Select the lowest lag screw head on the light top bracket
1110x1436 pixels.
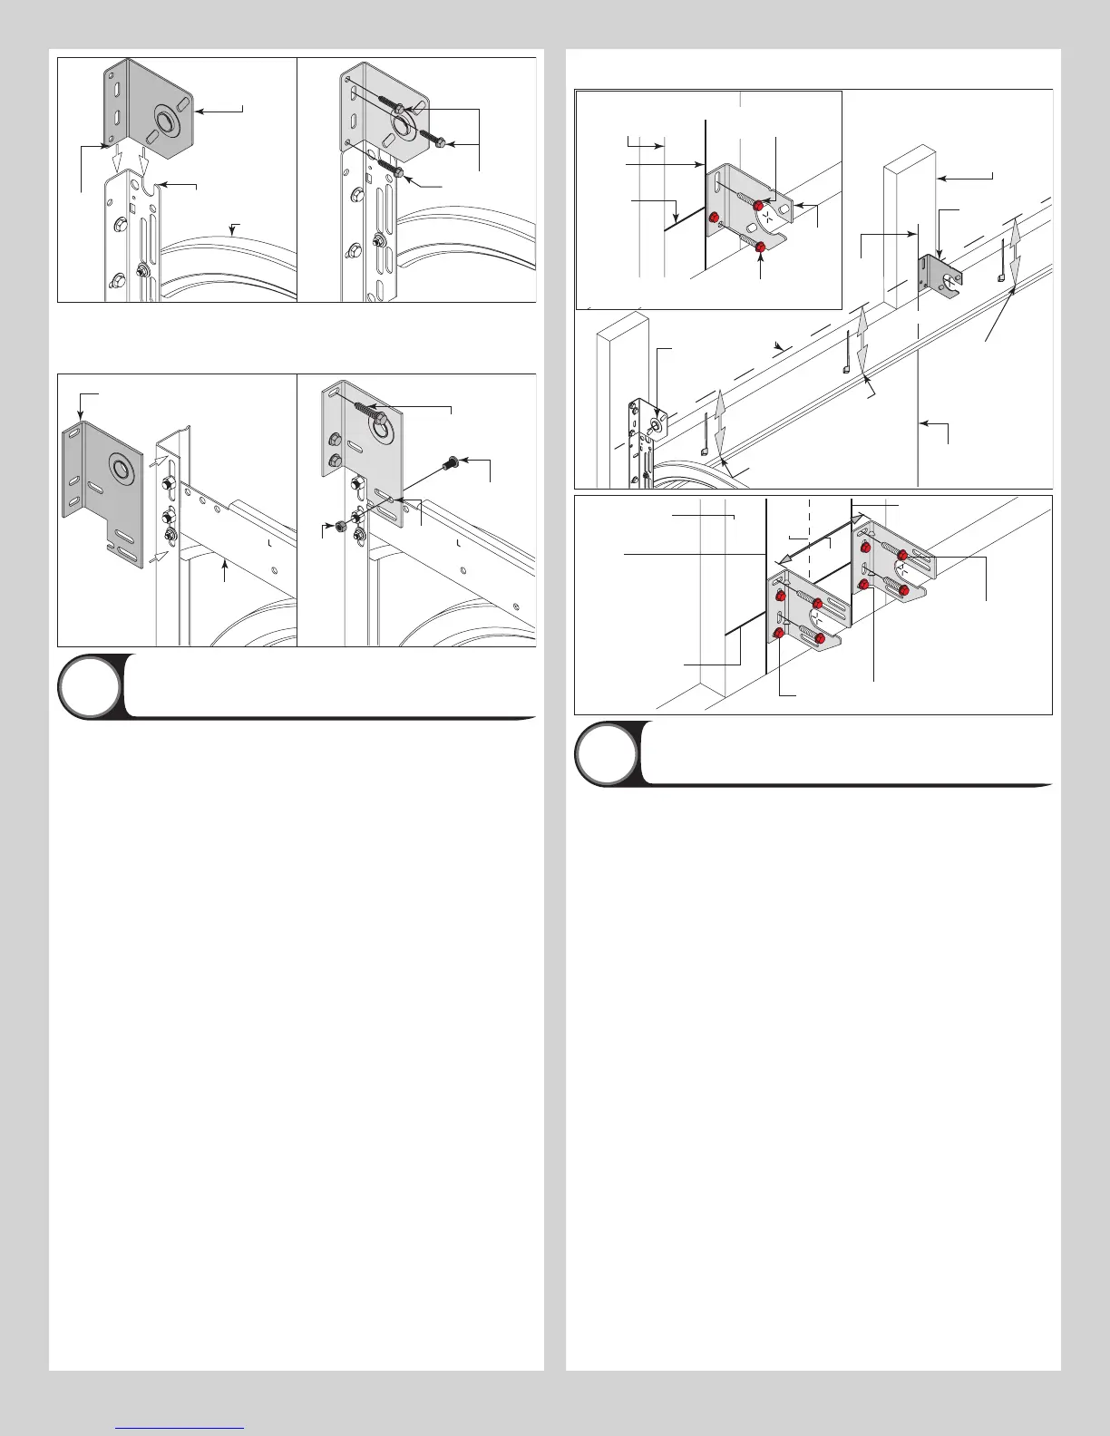397,172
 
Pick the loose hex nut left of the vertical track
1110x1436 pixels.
338,526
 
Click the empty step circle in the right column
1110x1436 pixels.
606,752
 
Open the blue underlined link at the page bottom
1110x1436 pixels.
180,1427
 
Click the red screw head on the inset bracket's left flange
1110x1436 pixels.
714,218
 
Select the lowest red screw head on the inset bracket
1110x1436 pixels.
760,247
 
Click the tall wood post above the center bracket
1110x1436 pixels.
909,218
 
